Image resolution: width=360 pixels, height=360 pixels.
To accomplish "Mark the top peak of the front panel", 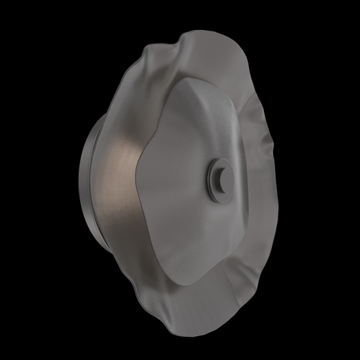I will (x=191, y=78).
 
